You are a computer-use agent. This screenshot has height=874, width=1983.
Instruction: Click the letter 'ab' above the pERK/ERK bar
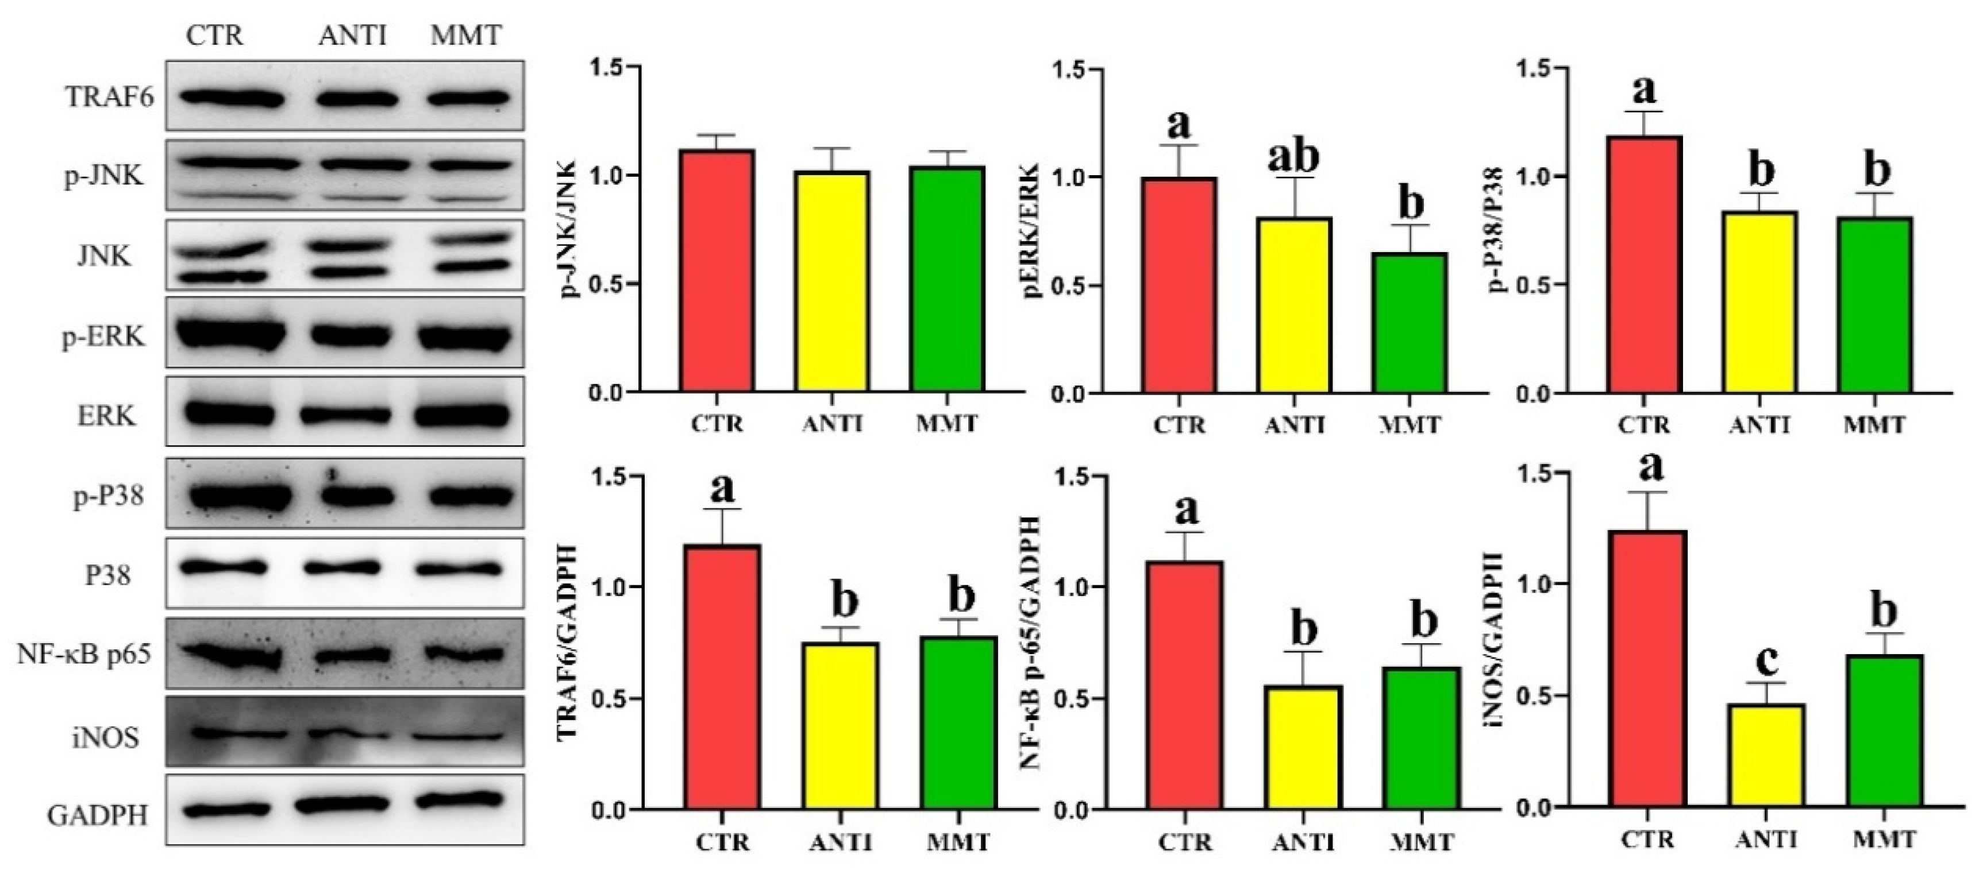click(x=1293, y=156)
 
